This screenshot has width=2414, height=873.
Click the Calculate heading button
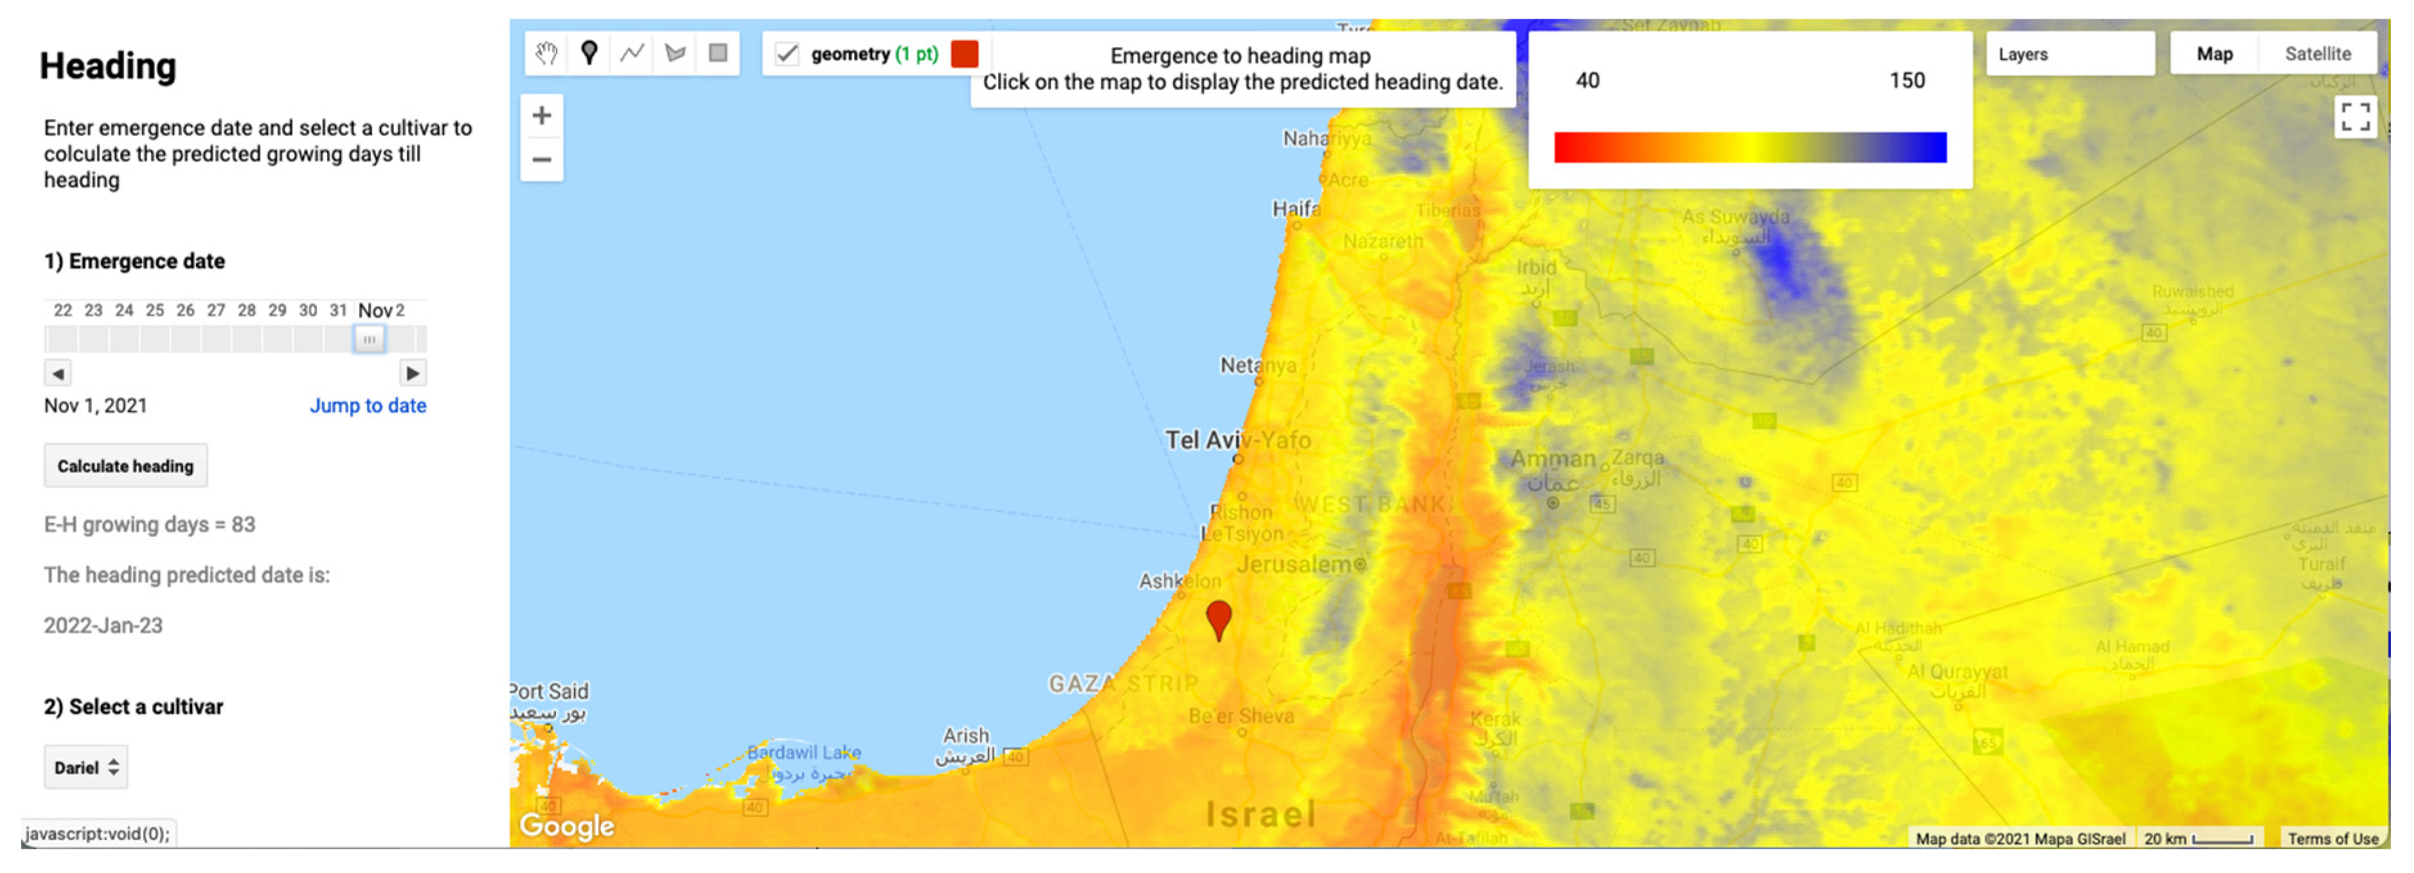click(x=125, y=466)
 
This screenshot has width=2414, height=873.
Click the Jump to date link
click(x=368, y=405)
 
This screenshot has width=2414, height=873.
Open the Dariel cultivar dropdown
click(x=85, y=767)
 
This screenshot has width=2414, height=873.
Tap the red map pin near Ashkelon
click(x=1217, y=617)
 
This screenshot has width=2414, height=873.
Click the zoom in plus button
click(x=542, y=116)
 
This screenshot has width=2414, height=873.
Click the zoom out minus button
click(x=542, y=159)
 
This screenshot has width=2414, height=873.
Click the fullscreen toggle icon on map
click(x=2355, y=117)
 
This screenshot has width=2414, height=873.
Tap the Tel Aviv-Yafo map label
click(x=1237, y=439)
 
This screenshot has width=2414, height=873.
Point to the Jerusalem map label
click(x=1293, y=565)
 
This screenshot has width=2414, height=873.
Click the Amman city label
click(x=1552, y=459)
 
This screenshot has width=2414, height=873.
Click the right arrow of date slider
click(x=413, y=373)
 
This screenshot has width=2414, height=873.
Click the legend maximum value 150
click(x=1906, y=80)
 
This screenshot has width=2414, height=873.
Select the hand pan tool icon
click(x=546, y=53)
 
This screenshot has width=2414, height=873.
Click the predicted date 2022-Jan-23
click(x=103, y=626)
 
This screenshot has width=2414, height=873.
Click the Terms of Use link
click(x=2332, y=838)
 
